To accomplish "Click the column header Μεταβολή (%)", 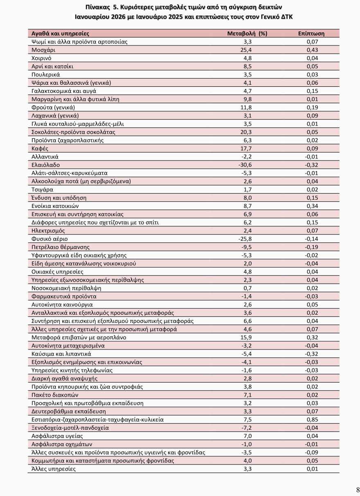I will pos(247,34).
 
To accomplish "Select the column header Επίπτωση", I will pos(311,34).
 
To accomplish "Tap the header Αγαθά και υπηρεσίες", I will pos(60,34).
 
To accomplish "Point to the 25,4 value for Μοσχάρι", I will pos(247,50).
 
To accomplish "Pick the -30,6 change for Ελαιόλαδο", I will pos(247,165).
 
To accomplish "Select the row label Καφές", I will pos(40,149).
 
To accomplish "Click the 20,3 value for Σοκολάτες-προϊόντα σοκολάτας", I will pos(247,132).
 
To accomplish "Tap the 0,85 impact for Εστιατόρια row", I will pos(313,419).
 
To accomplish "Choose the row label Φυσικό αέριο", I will pos(49,239).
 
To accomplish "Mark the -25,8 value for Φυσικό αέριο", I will pos(247,239).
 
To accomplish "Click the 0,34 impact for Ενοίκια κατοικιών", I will pos(313,206).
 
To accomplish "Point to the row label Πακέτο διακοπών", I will pos(55,395).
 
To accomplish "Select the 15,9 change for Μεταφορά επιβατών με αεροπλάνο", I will pos(247,338).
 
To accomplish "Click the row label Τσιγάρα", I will pos(43,189).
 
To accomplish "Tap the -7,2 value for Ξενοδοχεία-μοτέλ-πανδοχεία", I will pos(247,428).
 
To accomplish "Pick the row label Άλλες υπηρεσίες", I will pos(54,469).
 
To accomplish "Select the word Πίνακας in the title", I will pos(98,7).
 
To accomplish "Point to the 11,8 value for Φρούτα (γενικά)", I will pos(247,108).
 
